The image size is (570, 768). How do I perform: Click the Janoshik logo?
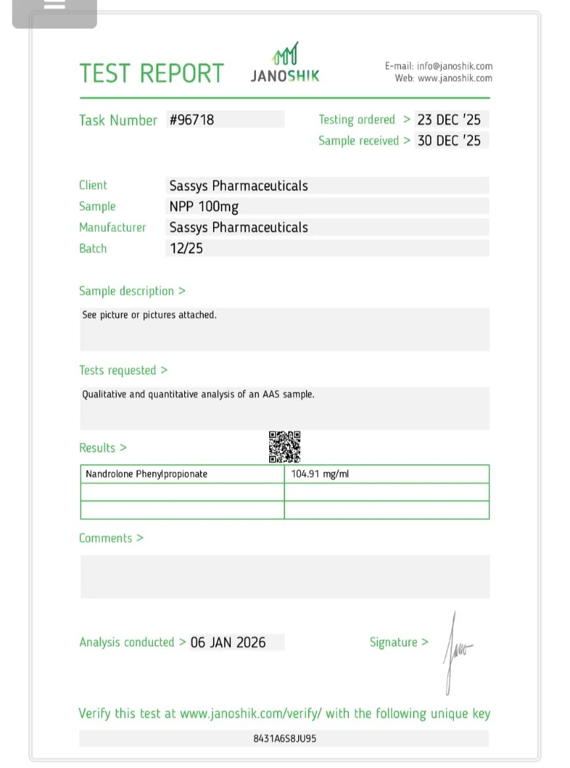click(285, 63)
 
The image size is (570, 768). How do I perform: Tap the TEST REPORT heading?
click(152, 73)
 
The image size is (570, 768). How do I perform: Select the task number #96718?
click(192, 120)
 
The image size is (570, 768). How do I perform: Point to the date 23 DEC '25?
click(449, 120)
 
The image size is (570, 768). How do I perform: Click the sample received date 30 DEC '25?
click(449, 140)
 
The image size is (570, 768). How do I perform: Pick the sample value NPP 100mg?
click(204, 206)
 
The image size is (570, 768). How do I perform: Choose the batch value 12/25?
click(186, 249)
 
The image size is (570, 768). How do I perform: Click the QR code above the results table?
click(284, 447)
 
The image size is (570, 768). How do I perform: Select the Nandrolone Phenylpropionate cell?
click(146, 474)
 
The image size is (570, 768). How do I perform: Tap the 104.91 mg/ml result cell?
click(320, 474)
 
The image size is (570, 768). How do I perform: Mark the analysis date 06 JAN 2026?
click(228, 642)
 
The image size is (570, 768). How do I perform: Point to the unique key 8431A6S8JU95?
click(284, 738)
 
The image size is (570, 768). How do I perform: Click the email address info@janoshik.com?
click(455, 66)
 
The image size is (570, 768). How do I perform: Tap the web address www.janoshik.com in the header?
click(455, 78)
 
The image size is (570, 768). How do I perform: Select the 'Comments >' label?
click(111, 538)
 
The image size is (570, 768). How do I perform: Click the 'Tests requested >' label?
click(123, 370)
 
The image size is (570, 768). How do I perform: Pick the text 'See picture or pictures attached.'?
click(149, 315)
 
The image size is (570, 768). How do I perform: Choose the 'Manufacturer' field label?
click(112, 227)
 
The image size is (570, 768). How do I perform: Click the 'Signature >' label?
click(398, 642)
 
